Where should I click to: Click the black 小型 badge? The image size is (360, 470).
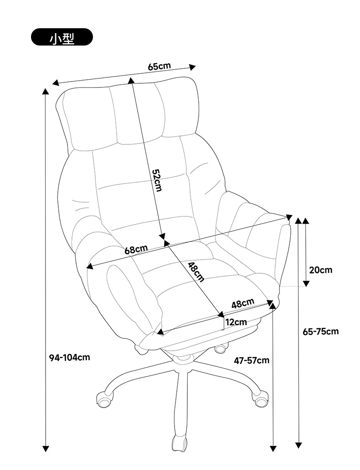coord(62,37)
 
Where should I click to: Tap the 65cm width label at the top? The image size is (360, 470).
coord(159,66)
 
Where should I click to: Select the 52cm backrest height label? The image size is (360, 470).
coord(157,180)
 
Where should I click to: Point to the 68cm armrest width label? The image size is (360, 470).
coord(136,250)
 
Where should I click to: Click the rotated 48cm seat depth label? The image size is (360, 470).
coord(196,272)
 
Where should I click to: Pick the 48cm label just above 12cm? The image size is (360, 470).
coord(243,303)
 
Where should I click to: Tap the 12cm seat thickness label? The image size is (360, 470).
coord(237,322)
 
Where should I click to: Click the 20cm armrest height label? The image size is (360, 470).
coord(321,270)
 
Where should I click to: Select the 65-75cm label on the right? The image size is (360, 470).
coord(320,331)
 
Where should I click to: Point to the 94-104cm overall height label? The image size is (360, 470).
coord(69,357)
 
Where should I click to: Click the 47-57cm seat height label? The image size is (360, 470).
coord(252,360)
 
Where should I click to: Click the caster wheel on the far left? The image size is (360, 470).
coord(105,399)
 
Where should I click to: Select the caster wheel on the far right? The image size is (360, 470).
coord(260,398)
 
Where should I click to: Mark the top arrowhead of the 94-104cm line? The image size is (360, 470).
coord(45,92)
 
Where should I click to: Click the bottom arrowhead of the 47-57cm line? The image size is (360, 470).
coord(273,449)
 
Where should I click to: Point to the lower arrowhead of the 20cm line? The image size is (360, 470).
coord(306,283)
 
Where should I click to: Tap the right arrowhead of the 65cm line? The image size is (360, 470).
coord(192,67)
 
